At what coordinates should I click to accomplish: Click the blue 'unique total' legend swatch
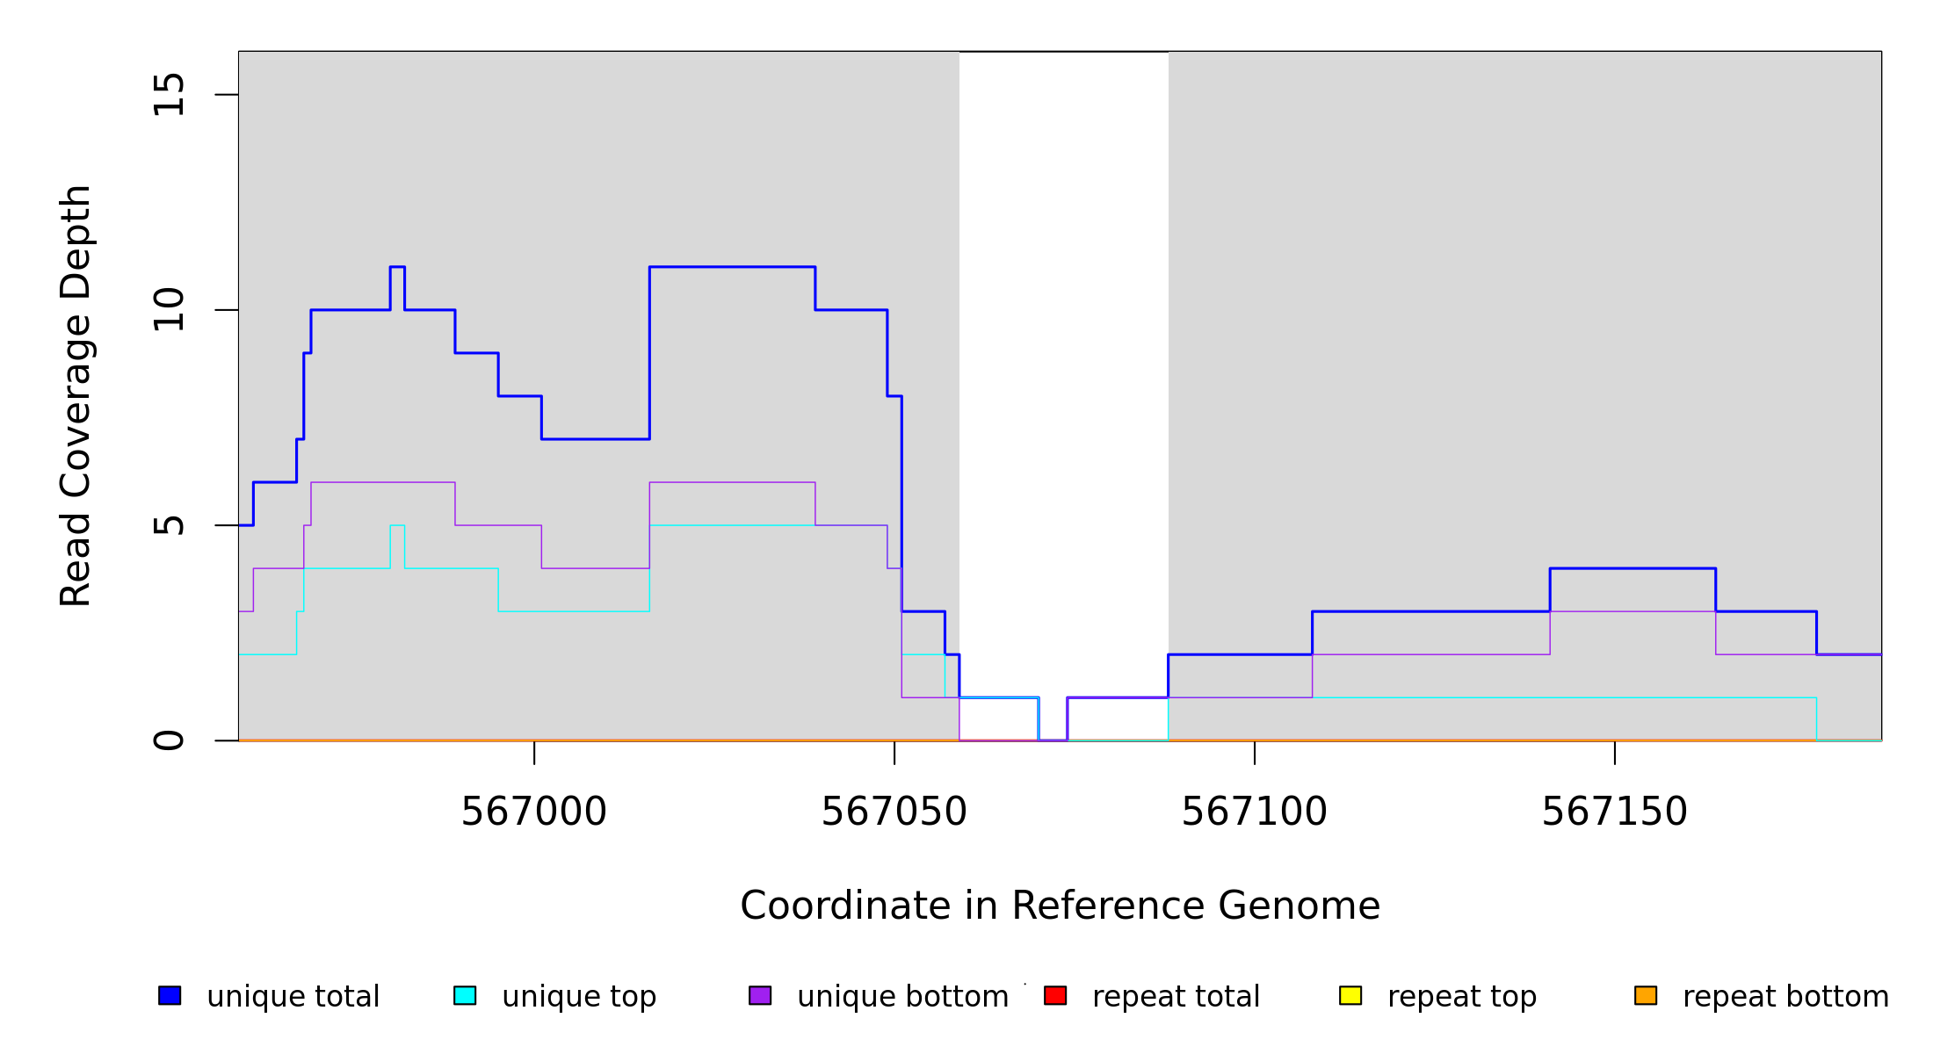pos(170,995)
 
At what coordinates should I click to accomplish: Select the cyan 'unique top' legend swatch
pos(465,995)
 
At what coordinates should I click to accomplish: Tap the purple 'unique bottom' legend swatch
pos(760,995)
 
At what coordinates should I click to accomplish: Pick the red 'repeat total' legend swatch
pos(1055,995)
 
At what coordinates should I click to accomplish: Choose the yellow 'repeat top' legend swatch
pos(1350,995)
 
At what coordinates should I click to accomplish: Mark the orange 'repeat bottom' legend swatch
pos(1646,995)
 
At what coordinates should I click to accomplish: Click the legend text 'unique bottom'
pos(902,997)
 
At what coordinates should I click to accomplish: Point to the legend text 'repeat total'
pos(1176,997)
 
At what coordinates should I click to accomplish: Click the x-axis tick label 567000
pos(534,812)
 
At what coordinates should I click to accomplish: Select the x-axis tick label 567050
pos(894,812)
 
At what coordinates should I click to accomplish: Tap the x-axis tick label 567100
pos(1255,812)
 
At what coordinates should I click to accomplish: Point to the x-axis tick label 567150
pos(1615,812)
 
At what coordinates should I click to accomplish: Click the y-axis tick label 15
pos(170,95)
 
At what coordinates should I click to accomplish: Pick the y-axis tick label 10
pos(170,310)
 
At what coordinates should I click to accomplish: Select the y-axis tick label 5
pos(170,525)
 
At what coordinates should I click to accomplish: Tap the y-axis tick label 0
pos(170,740)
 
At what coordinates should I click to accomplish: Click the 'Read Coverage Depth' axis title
pos(76,395)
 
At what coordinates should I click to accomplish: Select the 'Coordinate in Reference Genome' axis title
pos(1060,906)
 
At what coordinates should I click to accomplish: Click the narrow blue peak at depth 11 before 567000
pos(397,267)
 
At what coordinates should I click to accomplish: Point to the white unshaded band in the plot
pos(1063,351)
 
